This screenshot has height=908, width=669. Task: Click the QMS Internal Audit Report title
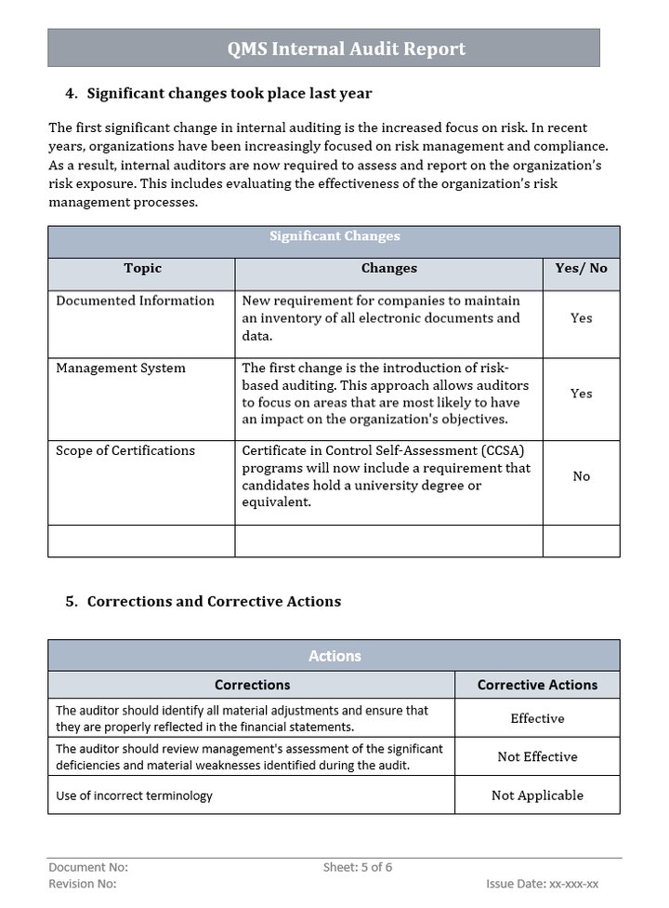point(347,49)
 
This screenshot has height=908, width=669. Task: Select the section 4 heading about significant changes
point(229,93)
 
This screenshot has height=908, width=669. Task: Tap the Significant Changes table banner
point(334,236)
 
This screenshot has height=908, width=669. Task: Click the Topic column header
point(142,268)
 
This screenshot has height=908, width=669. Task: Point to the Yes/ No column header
point(581,268)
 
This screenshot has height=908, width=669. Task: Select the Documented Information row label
point(135,300)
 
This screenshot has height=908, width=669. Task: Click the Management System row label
point(121,368)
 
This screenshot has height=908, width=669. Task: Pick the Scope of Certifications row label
point(125,450)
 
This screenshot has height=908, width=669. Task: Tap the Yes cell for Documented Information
point(581,318)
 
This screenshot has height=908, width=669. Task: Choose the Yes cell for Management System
point(581,394)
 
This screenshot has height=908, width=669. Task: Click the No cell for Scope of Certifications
point(581,476)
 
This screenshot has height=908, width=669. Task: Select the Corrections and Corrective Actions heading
point(214,601)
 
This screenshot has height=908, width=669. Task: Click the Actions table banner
point(334,656)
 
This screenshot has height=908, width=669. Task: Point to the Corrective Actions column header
point(537,685)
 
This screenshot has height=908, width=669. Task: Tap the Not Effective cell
point(537,757)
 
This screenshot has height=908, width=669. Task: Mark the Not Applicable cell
point(537,795)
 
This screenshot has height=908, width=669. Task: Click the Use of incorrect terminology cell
point(134,795)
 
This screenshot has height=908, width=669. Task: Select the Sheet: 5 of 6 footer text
point(358,867)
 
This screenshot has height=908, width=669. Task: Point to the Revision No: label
point(82,884)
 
